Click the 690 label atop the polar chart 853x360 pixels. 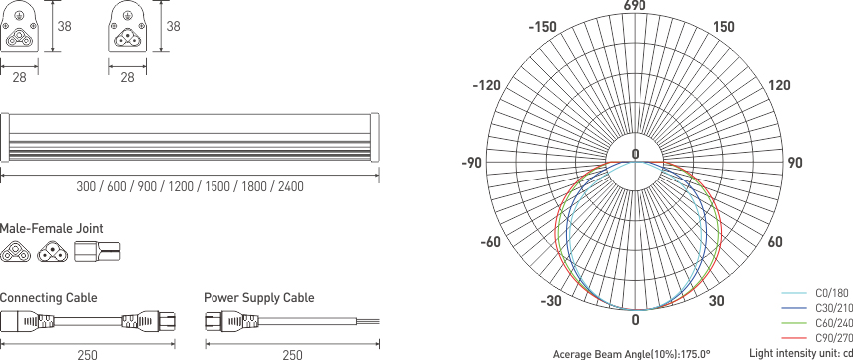635,7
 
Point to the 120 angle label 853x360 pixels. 779,86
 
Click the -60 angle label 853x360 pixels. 490,242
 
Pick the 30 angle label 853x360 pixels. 717,301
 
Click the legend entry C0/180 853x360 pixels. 831,294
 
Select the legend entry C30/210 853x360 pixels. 833,309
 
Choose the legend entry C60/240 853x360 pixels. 833,324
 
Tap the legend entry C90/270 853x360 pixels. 833,339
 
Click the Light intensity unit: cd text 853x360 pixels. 800,354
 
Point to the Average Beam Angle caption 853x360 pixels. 632,354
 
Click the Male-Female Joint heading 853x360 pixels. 52,229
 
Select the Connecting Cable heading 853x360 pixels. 49,298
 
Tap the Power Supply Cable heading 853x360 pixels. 258,298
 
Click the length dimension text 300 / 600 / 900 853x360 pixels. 190,187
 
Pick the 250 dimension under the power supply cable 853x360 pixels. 292,354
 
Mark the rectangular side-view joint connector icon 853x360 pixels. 97,252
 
